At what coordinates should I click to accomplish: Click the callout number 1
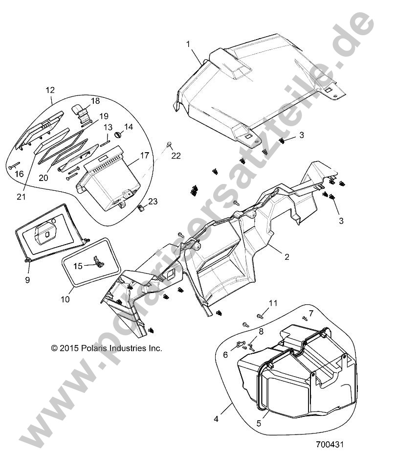(188, 44)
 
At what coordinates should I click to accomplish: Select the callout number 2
(287, 256)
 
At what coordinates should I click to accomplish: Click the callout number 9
(28, 280)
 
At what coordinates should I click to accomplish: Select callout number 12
(50, 90)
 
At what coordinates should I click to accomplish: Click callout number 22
(176, 156)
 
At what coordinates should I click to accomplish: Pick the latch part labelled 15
(98, 264)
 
